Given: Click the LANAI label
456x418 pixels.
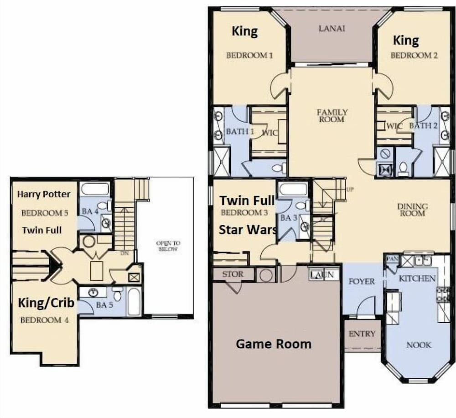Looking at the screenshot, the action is coord(332,28).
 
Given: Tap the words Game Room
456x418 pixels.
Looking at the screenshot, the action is coord(274,344).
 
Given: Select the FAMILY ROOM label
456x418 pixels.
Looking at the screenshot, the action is coord(332,116).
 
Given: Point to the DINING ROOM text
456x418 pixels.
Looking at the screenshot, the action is coord(412,210).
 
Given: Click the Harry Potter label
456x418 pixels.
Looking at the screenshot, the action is coord(44,194).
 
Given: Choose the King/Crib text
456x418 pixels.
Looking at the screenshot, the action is coord(46,303).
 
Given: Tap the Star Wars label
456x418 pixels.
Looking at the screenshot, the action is coord(248,230).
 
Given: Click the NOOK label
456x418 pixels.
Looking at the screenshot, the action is coord(419,345).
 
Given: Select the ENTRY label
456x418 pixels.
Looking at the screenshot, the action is coord(362,334).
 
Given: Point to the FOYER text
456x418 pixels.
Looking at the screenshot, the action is coord(362,281).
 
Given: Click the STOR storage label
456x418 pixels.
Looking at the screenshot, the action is coord(233,274).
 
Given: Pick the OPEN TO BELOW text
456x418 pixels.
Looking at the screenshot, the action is coord(168,246).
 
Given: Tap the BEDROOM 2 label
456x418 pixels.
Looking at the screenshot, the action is coord(414,55).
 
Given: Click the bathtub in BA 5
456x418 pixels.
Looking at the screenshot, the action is coord(134,301).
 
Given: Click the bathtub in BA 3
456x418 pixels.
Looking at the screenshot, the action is coord(293,189).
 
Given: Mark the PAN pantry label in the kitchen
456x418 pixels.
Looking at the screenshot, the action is coord(392,258).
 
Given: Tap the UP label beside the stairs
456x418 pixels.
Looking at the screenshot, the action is coord(350,190).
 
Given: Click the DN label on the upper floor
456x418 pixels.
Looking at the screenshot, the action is coord(124,253).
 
